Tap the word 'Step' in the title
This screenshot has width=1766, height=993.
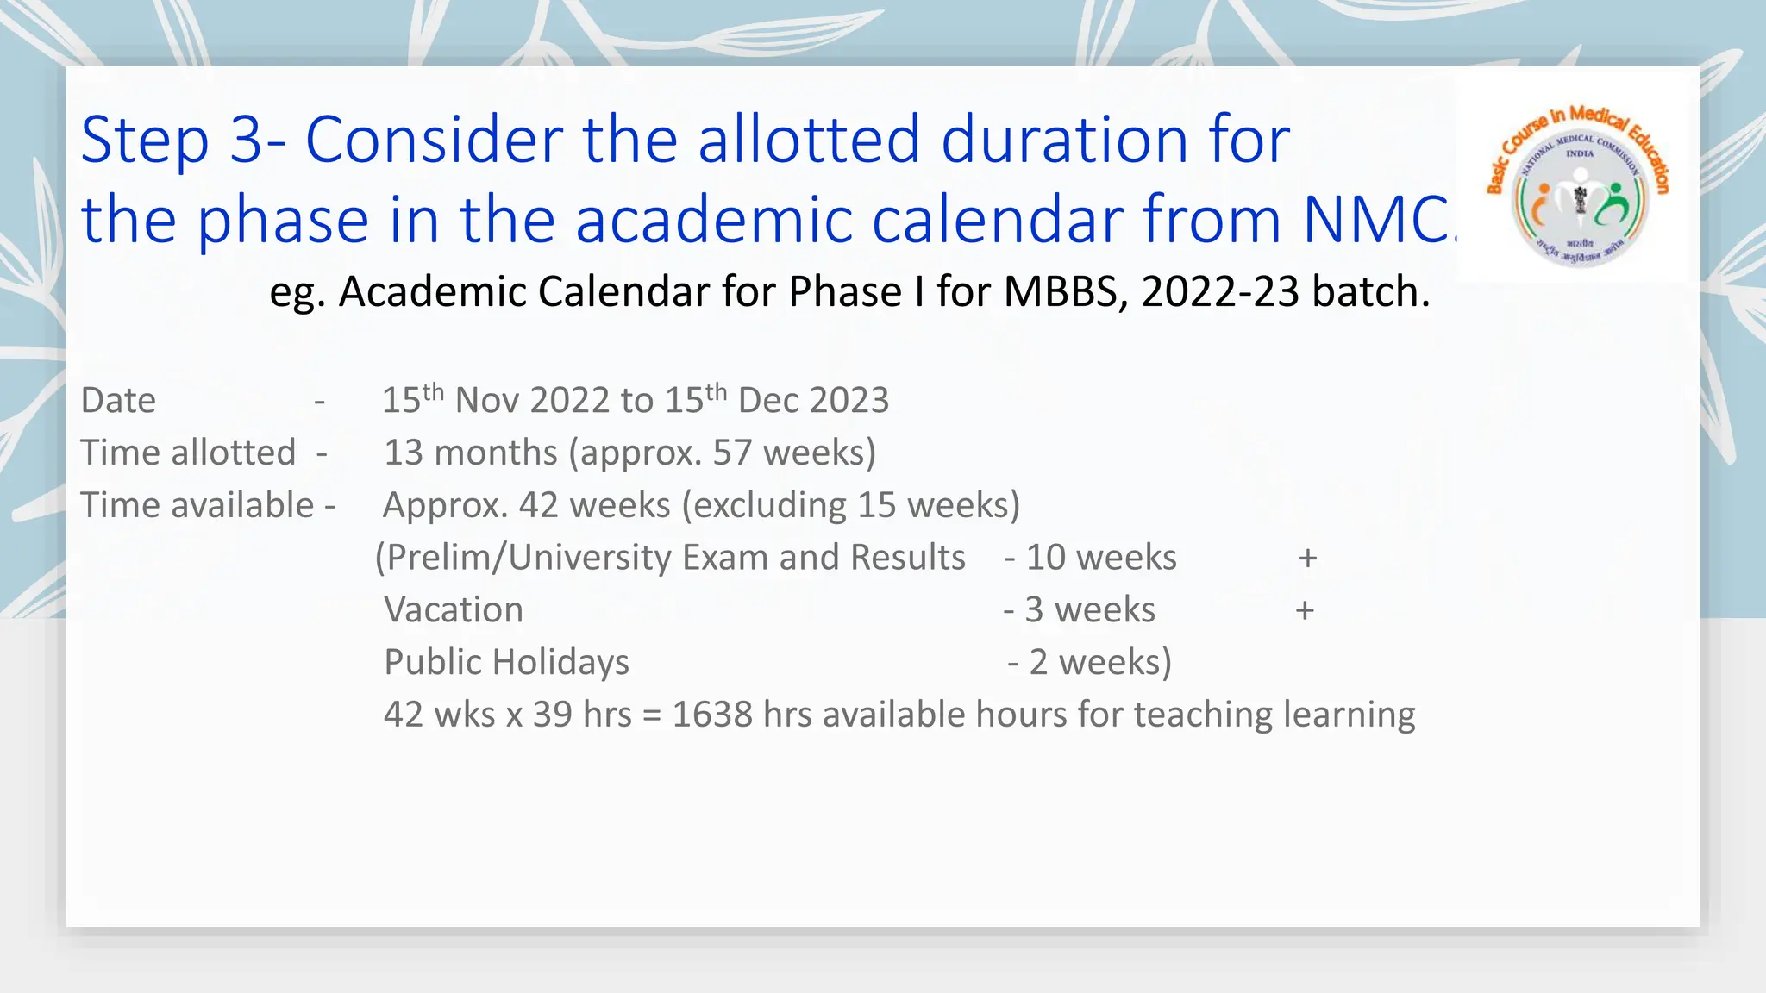145,140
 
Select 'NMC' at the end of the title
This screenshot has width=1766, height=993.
1375,220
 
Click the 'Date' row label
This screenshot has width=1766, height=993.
118,401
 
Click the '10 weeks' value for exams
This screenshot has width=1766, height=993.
1100,559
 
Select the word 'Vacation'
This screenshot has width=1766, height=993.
454,610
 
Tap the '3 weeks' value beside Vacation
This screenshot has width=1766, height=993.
1089,610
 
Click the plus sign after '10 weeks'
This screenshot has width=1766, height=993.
1307,559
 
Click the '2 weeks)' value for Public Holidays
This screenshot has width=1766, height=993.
1099,663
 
